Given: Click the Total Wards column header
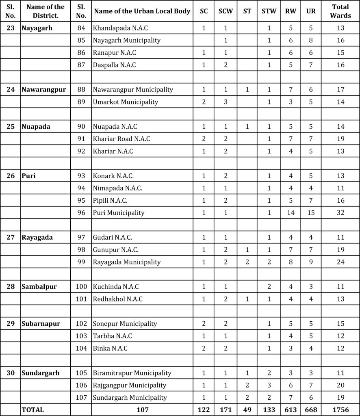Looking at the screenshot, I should click(340, 11).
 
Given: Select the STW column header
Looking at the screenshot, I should click(269, 11).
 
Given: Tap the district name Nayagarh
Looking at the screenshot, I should click(37, 28).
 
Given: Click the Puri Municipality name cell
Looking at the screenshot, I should click(119, 212).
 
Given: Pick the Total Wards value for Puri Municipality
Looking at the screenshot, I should click(340, 212).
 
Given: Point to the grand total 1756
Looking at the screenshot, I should click(340, 410).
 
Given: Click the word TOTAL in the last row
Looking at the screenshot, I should click(33, 410).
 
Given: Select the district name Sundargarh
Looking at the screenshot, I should click(41, 373).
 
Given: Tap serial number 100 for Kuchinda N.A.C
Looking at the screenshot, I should click(81, 286).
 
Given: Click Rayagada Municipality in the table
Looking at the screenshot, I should click(127, 262).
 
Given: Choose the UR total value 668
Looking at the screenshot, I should click(311, 410).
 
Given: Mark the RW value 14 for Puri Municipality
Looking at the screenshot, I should click(291, 212).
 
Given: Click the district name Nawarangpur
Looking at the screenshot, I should click(43, 89).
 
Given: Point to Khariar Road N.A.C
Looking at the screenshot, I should click(121, 139).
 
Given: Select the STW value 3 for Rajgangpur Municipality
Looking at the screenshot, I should click(269, 385).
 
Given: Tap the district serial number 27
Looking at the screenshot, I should click(11, 237).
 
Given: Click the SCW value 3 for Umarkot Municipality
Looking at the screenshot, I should click(226, 102).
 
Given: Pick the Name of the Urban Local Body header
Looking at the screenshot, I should click(142, 11).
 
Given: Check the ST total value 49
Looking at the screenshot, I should click(247, 410).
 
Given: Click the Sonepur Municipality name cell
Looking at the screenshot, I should click(125, 324).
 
